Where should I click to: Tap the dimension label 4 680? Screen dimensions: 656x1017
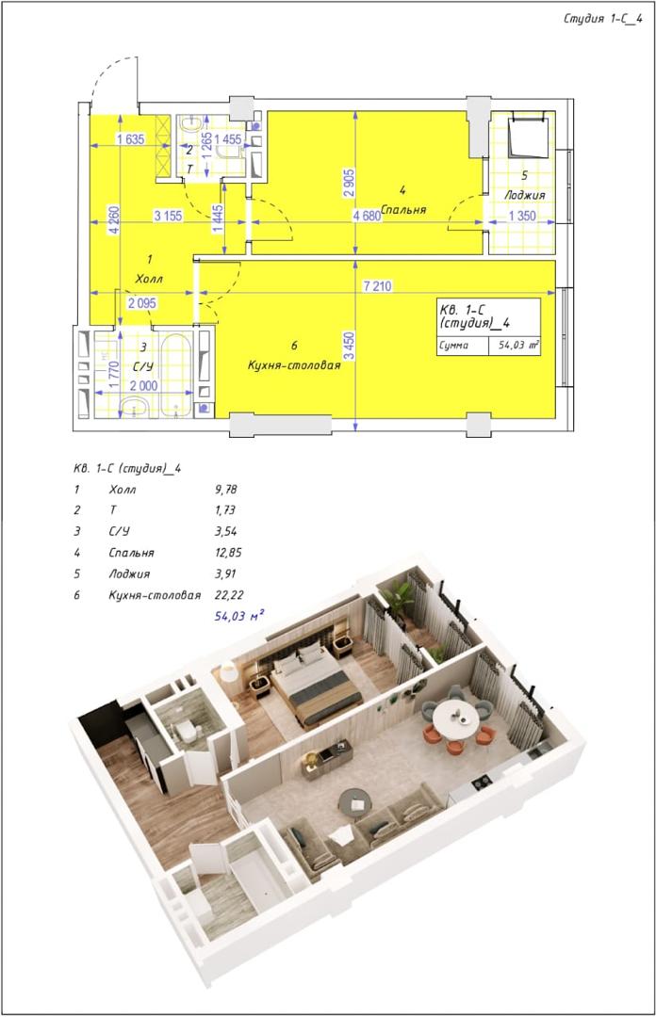click(x=367, y=216)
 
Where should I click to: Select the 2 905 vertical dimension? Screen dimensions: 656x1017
click(x=349, y=184)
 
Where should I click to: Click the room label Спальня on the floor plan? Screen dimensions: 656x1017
click(x=403, y=209)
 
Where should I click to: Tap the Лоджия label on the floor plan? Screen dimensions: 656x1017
click(x=525, y=195)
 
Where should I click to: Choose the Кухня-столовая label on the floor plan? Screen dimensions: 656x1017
click(x=294, y=365)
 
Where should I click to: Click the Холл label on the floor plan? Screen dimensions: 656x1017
click(x=149, y=279)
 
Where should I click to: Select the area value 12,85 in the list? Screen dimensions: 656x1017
click(x=228, y=553)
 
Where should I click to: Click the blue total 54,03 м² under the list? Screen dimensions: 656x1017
click(x=239, y=616)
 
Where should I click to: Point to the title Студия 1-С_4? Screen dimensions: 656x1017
click(x=602, y=18)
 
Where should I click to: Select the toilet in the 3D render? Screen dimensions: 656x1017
click(x=188, y=731)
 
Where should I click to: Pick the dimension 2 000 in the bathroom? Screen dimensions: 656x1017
click(x=143, y=385)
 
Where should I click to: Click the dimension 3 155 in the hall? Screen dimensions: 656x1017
click(x=168, y=216)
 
